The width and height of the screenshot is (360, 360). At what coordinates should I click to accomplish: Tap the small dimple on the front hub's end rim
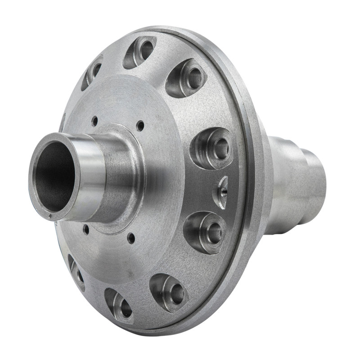point(55,219)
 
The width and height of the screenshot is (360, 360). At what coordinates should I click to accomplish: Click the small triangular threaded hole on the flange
point(221,192)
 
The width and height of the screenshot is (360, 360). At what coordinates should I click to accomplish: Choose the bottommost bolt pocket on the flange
point(119,306)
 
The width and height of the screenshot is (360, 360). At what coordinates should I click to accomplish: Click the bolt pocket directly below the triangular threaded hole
point(205,231)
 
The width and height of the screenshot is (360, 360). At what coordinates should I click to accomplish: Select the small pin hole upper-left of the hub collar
point(94,121)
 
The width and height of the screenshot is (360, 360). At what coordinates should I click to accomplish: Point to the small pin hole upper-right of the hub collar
point(140,126)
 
